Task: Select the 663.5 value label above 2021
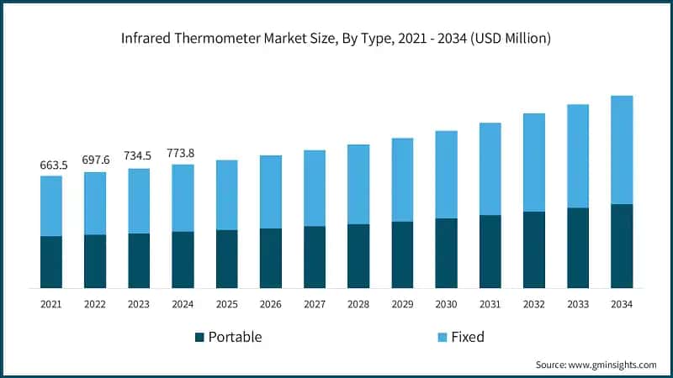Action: click(51, 165)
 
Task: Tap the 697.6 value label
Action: click(95, 160)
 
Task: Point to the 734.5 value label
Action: click(139, 156)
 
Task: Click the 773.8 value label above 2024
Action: click(183, 153)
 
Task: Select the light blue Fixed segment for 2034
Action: click(621, 150)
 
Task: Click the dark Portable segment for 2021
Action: click(51, 262)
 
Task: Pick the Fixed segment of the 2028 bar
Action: click(358, 184)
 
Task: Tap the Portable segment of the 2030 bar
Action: click(446, 253)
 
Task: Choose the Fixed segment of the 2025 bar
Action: click(227, 195)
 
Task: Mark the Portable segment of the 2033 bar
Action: click(577, 248)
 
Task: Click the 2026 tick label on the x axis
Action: click(271, 303)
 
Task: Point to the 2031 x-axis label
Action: click(490, 303)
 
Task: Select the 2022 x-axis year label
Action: click(95, 303)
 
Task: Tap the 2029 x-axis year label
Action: click(402, 303)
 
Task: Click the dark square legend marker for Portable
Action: click(199, 337)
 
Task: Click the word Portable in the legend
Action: click(235, 337)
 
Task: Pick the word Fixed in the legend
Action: click(468, 337)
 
